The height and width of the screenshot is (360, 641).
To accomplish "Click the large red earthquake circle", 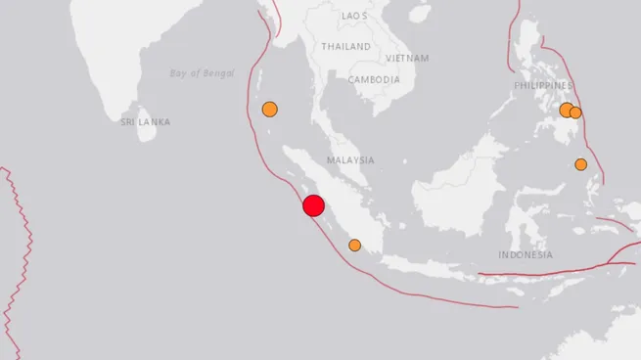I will pyautogui.click(x=313, y=205).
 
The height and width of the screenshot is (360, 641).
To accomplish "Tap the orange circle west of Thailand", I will pyautogui.click(x=270, y=109).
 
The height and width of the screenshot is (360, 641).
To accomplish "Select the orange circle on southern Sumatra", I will pyautogui.click(x=354, y=245).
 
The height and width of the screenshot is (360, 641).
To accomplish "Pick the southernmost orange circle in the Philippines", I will pyautogui.click(x=580, y=164).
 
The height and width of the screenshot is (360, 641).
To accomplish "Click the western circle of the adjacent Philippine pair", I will pyautogui.click(x=567, y=110).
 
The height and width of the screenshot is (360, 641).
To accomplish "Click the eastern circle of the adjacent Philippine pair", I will pyautogui.click(x=575, y=112).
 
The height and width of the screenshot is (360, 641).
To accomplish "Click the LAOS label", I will pyautogui.click(x=355, y=17).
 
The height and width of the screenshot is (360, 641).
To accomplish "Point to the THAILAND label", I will pyautogui.click(x=346, y=46).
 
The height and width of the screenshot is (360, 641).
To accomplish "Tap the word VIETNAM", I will pyautogui.click(x=407, y=58).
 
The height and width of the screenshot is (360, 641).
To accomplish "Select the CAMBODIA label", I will pyautogui.click(x=374, y=79).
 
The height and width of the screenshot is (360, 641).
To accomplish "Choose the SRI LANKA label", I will pyautogui.click(x=145, y=122).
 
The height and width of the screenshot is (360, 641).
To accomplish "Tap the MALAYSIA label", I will pyautogui.click(x=351, y=159).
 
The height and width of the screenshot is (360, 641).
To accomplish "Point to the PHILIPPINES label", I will pyautogui.click(x=543, y=86).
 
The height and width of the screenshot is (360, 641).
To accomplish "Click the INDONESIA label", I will pyautogui.click(x=525, y=254).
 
